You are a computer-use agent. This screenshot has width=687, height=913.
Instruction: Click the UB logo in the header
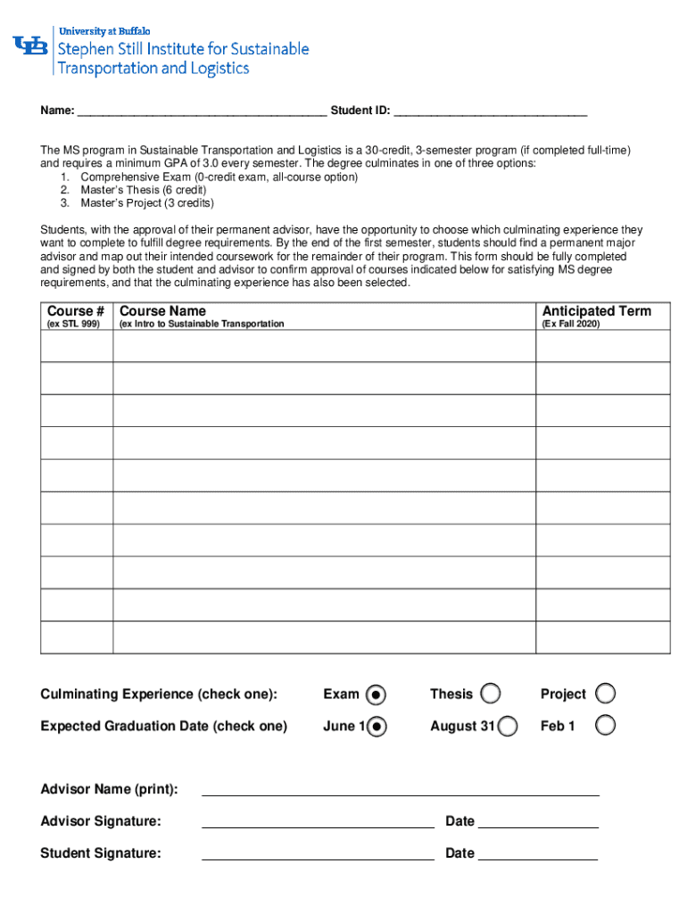30,45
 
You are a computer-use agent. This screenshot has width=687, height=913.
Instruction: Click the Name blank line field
202,111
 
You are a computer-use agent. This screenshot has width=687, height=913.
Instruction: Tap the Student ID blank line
490,111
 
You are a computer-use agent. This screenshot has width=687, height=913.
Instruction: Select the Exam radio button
377,694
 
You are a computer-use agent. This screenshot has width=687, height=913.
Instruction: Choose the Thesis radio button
490,694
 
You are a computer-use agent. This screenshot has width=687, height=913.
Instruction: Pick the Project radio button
605,694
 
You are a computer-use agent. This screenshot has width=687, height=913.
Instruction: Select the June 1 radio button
377,726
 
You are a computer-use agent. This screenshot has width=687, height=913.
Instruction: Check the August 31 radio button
508,726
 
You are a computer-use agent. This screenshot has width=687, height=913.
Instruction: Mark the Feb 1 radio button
605,726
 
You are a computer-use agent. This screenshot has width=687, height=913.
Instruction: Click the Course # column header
77,311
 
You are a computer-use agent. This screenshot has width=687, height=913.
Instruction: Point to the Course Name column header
163,311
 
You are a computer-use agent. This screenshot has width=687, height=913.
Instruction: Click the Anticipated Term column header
597,311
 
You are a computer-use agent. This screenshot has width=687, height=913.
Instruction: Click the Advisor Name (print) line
401,790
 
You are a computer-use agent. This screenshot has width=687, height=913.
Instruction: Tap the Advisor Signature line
318,822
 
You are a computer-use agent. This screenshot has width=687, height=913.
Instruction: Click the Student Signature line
318,854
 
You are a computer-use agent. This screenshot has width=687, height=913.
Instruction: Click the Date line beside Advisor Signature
538,822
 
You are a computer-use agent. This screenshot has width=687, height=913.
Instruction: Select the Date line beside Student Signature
538,854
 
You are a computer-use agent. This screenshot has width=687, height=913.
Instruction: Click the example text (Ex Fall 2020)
571,325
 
